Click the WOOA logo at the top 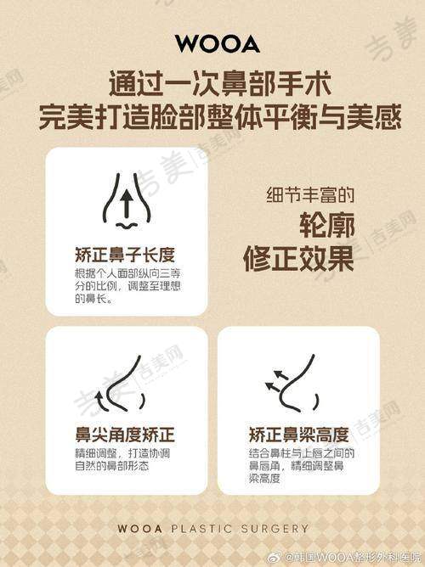coord(218,44)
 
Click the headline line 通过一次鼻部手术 coord(220,84)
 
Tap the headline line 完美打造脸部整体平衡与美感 coord(220,116)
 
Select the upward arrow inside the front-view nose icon coord(127,204)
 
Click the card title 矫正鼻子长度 coord(125,255)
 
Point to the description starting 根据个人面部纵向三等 coord(127,286)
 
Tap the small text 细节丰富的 coord(310,194)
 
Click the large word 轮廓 coord(327,225)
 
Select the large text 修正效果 coord(298,259)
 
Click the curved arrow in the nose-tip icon coord(100,402)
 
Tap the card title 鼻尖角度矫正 coord(125,435)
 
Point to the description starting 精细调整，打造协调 coord(122,459)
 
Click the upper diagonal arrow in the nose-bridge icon coord(280,374)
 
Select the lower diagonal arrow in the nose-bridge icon coord(273,387)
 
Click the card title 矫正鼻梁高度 coord(298,435)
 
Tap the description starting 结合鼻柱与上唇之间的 coord(302,466)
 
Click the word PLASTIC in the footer coord(201,529)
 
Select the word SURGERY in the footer coord(275,529)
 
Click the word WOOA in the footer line coord(139,529)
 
